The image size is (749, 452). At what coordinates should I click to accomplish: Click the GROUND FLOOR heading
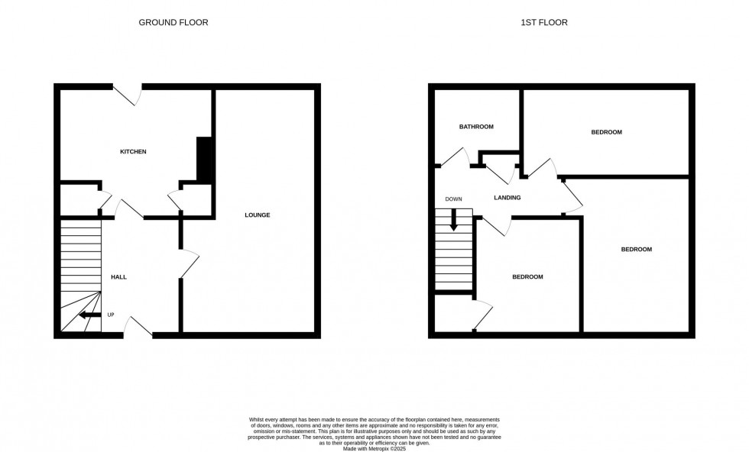(173, 22)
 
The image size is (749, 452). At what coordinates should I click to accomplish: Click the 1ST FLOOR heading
(543, 22)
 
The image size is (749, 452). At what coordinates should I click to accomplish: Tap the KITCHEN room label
(133, 152)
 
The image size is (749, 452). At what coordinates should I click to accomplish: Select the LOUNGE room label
(257, 215)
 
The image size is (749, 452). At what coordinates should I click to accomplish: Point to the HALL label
(118, 276)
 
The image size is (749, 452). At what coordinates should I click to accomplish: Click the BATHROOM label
(475, 127)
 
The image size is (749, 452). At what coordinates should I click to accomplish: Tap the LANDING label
(507, 198)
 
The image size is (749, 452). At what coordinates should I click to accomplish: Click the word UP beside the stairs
(111, 315)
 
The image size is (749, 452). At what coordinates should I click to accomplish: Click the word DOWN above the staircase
(453, 199)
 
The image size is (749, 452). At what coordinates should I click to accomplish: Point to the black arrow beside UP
(90, 315)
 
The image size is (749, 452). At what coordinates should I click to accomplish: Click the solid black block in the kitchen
(204, 159)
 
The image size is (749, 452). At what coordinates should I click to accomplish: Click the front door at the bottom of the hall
(138, 327)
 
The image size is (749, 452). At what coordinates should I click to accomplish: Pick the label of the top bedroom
(606, 132)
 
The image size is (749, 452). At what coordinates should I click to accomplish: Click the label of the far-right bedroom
(636, 250)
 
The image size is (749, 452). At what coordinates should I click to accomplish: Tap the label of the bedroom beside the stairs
(527, 276)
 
